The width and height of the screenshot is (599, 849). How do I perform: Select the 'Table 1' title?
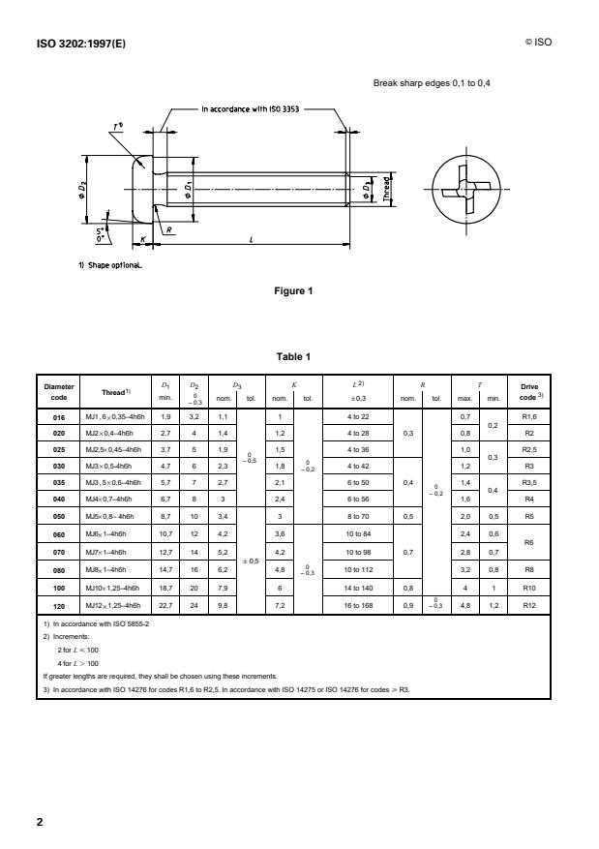click(298, 357)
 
